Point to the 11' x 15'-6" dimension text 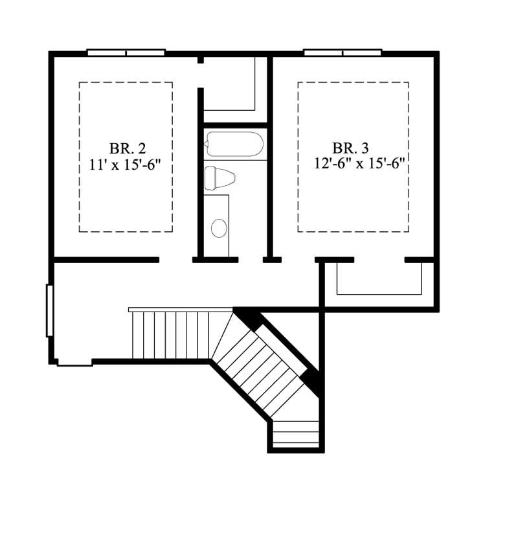click(x=125, y=164)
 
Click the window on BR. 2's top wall click(x=126, y=52)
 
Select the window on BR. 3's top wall click(x=343, y=52)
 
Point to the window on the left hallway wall click(x=49, y=310)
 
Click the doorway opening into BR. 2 click(x=175, y=260)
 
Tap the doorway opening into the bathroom click(x=251, y=260)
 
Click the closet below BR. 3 click(x=379, y=279)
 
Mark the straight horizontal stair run click(x=171, y=335)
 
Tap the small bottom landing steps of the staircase click(x=296, y=433)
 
